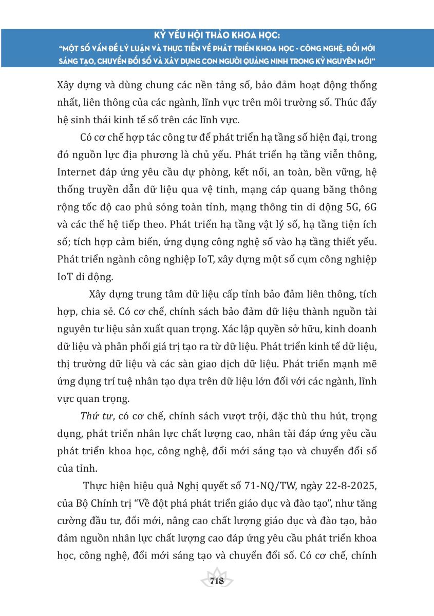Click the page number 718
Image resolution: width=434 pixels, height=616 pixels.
pyautogui.click(x=216, y=581)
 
